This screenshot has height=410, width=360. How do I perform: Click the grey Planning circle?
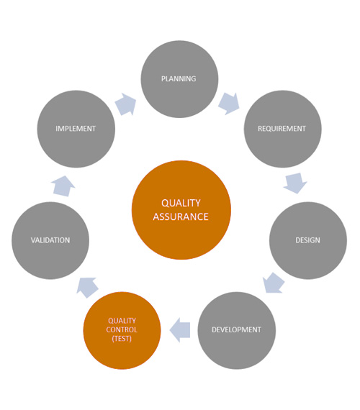[x=179, y=79]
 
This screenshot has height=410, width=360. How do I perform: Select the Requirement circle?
[x=282, y=129]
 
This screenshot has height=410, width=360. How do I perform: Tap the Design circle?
[x=308, y=240]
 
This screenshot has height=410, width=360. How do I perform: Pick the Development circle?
[x=236, y=330]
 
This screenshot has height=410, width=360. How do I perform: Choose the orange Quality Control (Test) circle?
[x=122, y=330]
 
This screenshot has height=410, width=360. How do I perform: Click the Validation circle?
[x=50, y=240]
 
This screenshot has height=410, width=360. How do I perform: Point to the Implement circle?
[x=76, y=129]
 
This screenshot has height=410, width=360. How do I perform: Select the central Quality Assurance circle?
[x=181, y=210]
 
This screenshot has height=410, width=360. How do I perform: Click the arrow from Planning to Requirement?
[x=229, y=104]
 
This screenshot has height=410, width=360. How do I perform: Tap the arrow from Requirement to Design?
[x=295, y=183]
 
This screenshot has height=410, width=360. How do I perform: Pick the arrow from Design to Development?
[x=274, y=283]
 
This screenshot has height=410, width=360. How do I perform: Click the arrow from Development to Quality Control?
[x=180, y=330]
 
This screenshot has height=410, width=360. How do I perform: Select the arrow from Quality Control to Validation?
[x=87, y=288]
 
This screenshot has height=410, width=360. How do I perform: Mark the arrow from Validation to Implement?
[x=63, y=186]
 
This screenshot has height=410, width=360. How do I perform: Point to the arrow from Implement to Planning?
[x=126, y=104]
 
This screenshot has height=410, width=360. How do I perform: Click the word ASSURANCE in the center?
[x=181, y=217]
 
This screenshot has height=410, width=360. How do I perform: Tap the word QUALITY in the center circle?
[x=181, y=203]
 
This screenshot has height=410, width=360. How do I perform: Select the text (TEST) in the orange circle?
[x=122, y=339]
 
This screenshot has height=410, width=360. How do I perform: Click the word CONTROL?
[x=122, y=329]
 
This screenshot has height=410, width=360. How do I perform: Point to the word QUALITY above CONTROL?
[x=122, y=321]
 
